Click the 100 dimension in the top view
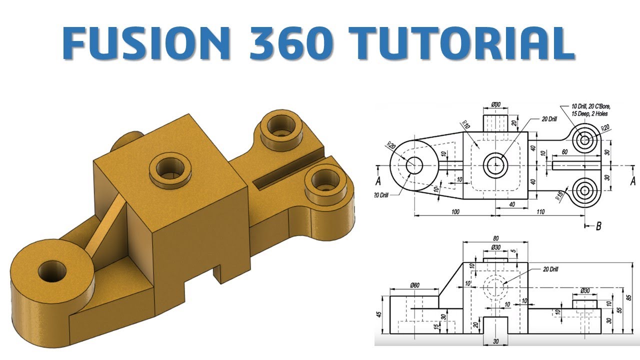point(454,212)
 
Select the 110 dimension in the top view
point(539,212)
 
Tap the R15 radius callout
point(560,194)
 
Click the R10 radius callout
point(466,124)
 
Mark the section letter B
point(598,226)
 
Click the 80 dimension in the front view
point(495,239)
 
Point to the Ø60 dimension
point(414,285)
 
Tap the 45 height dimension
point(378,314)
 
